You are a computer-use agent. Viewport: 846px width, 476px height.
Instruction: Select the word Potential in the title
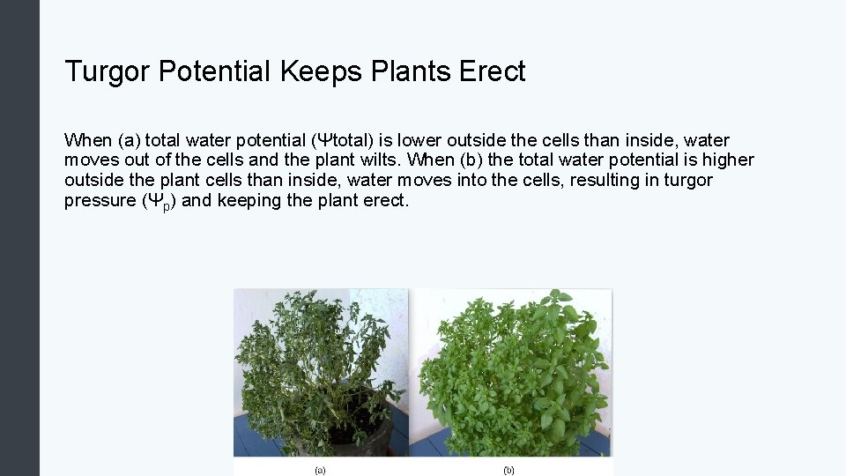click(x=215, y=71)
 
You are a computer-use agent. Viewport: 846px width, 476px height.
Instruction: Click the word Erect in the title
click(x=493, y=71)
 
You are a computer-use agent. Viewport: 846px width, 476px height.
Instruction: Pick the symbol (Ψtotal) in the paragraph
click(x=347, y=141)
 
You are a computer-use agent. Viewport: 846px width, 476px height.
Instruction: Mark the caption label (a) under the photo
click(x=320, y=470)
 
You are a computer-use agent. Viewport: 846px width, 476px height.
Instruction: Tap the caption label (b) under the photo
click(x=508, y=470)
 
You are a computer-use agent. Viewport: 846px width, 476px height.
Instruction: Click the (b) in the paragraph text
click(x=472, y=160)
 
